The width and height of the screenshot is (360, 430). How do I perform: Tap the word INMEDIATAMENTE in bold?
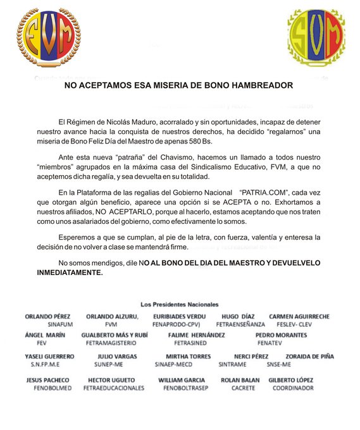coord(70,271)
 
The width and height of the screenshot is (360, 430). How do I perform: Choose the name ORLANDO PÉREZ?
coord(47,316)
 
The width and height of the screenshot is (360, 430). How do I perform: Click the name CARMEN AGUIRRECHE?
coord(299,316)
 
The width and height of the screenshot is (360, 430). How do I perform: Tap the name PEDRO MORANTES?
coord(281,335)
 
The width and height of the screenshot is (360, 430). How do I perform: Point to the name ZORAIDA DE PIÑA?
coord(309,356)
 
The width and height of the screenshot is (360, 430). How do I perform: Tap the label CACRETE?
coord(242,388)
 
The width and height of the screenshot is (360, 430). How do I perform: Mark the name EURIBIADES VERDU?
coord(180,316)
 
